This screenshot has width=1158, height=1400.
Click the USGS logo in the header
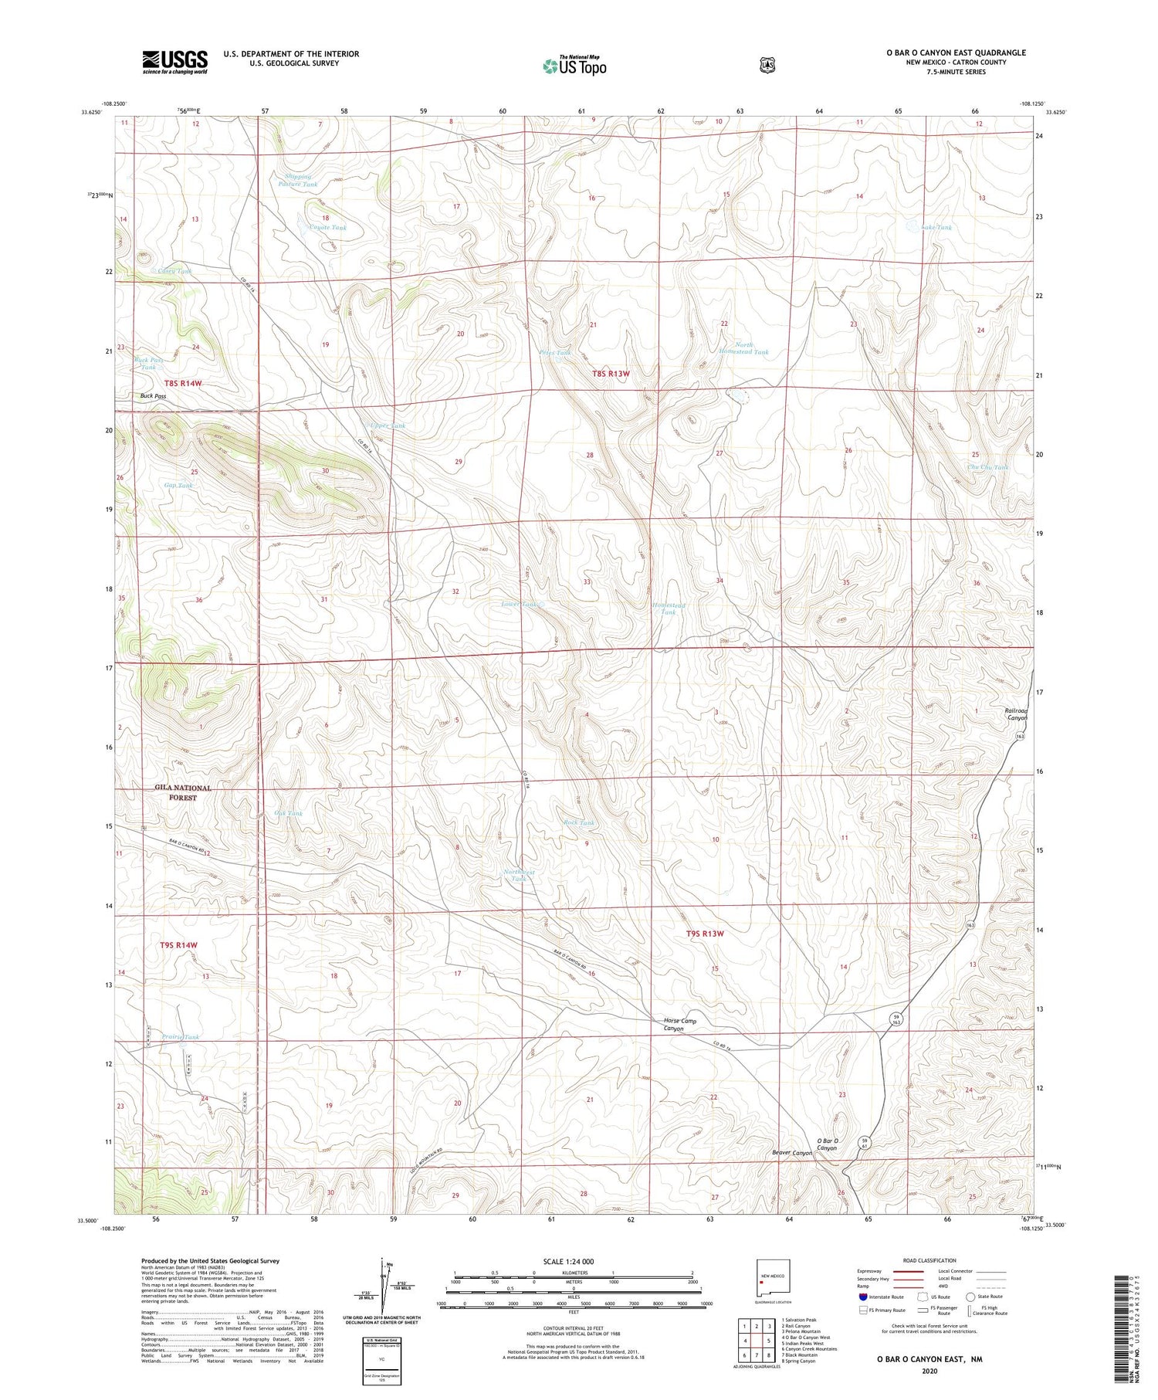[174, 62]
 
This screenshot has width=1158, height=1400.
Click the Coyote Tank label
[327, 228]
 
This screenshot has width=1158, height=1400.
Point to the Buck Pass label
[153, 396]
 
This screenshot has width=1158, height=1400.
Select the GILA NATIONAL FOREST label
[183, 792]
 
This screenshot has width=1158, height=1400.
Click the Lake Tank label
[936, 228]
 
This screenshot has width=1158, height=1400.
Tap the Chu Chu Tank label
[987, 467]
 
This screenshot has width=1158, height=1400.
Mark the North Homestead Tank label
[743, 348]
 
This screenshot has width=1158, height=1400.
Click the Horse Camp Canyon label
[679, 1025]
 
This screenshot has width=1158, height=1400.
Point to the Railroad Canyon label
[1016, 714]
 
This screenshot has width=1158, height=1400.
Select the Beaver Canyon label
[792, 1153]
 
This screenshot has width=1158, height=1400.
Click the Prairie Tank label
[181, 1037]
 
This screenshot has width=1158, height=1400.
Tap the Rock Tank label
[579, 823]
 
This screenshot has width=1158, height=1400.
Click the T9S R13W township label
[706, 934]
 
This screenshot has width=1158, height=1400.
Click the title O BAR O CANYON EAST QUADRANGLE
[956, 53]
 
